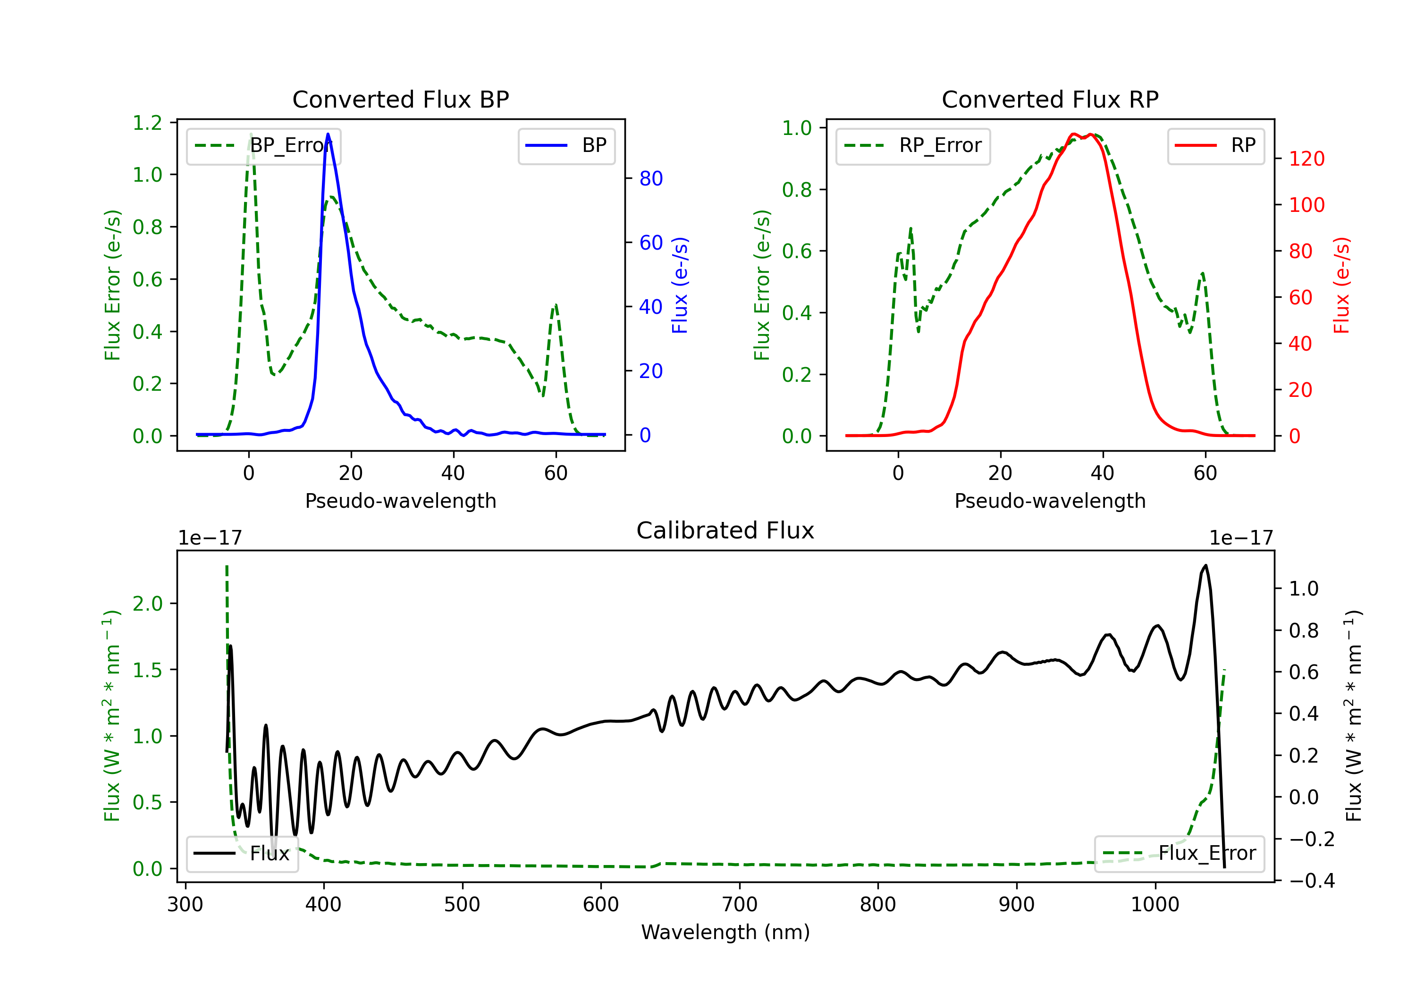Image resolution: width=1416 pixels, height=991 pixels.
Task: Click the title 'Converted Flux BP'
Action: (x=400, y=99)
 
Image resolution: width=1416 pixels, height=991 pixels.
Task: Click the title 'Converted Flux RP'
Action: (x=1050, y=99)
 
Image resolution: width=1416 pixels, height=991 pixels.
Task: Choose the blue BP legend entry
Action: (x=566, y=145)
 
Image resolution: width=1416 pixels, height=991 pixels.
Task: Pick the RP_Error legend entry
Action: (x=913, y=145)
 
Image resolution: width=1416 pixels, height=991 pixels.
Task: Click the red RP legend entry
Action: (x=1215, y=145)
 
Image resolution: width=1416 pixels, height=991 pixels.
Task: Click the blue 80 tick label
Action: (x=650, y=179)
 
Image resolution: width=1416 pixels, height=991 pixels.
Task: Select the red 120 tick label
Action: (x=1306, y=159)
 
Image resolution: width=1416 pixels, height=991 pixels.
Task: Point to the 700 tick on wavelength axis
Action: (x=740, y=905)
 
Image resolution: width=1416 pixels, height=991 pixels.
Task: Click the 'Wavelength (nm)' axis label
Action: (x=725, y=932)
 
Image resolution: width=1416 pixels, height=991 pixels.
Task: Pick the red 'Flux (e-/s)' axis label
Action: (x=1342, y=285)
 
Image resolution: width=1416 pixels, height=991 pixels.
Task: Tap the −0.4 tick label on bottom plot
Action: (x=1311, y=881)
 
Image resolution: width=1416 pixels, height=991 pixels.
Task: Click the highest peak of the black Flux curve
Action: (x=1205, y=565)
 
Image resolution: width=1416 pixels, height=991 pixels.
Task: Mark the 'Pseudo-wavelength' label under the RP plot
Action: (x=1050, y=501)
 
